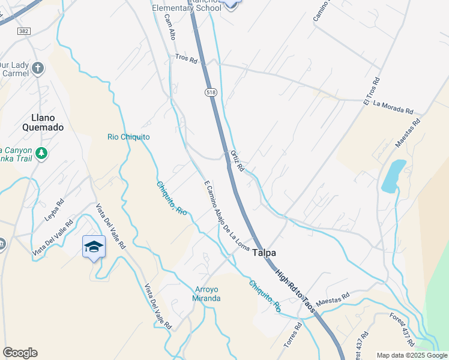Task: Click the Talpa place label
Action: [x=264, y=253]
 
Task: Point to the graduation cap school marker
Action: [x=94, y=247]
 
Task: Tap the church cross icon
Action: [x=38, y=68]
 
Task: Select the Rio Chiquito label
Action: [x=128, y=137]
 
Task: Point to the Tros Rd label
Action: [x=186, y=59]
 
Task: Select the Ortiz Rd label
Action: [x=237, y=161]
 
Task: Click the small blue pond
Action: [x=393, y=175]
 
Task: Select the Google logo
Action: [x=20, y=353]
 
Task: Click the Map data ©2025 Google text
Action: [x=412, y=355]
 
